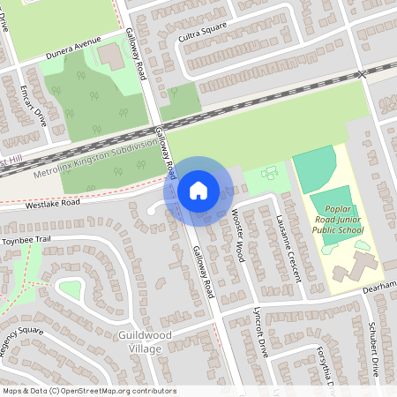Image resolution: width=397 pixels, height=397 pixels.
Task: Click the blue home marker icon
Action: click(198, 190)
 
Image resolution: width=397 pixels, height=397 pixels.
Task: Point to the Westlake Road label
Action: click(52, 203)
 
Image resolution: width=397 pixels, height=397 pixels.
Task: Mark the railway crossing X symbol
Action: click(361, 75)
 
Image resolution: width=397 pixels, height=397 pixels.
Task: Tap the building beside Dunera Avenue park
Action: click(111, 57)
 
